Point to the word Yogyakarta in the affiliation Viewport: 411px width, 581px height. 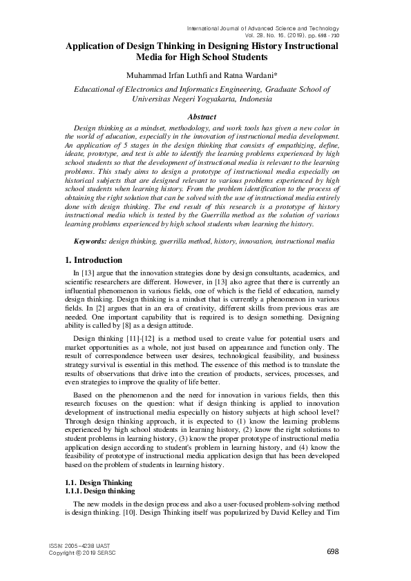coord(207,99)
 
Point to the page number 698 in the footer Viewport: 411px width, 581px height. coord(332,551)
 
